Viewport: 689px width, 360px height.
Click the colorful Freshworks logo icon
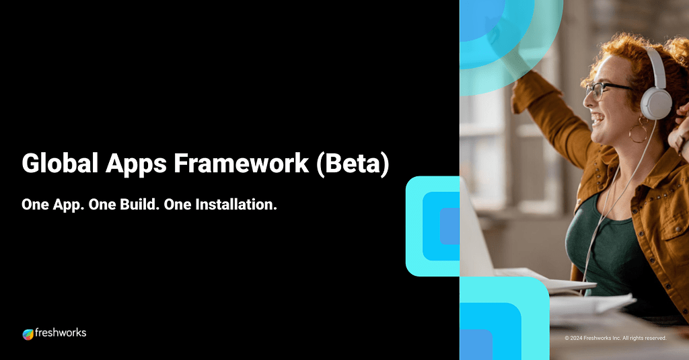[28, 334]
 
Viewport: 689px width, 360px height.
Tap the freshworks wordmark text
[61, 332]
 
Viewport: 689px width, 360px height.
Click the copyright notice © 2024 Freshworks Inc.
[616, 338]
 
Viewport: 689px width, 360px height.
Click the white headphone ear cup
[655, 103]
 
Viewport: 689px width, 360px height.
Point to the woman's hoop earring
[637, 132]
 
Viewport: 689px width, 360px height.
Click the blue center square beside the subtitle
[449, 226]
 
